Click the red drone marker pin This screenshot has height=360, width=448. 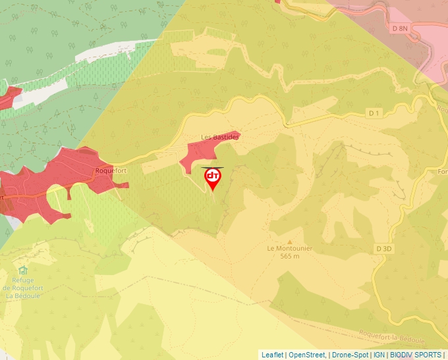point(213,178)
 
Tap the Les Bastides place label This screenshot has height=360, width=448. point(221,137)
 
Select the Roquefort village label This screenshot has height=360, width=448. point(110,170)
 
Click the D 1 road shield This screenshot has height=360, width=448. point(374,113)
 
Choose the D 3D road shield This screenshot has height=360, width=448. point(385,249)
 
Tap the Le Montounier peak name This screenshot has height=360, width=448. point(289,249)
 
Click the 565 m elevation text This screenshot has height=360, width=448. point(289,256)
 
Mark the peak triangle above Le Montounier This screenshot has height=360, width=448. point(289,242)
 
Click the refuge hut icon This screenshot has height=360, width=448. point(24,270)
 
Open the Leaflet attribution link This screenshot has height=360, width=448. point(272,355)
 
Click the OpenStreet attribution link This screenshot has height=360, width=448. point(307,355)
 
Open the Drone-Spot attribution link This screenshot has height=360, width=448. point(350,355)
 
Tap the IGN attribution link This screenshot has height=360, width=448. point(379,355)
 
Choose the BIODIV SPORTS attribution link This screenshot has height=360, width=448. point(415,355)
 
